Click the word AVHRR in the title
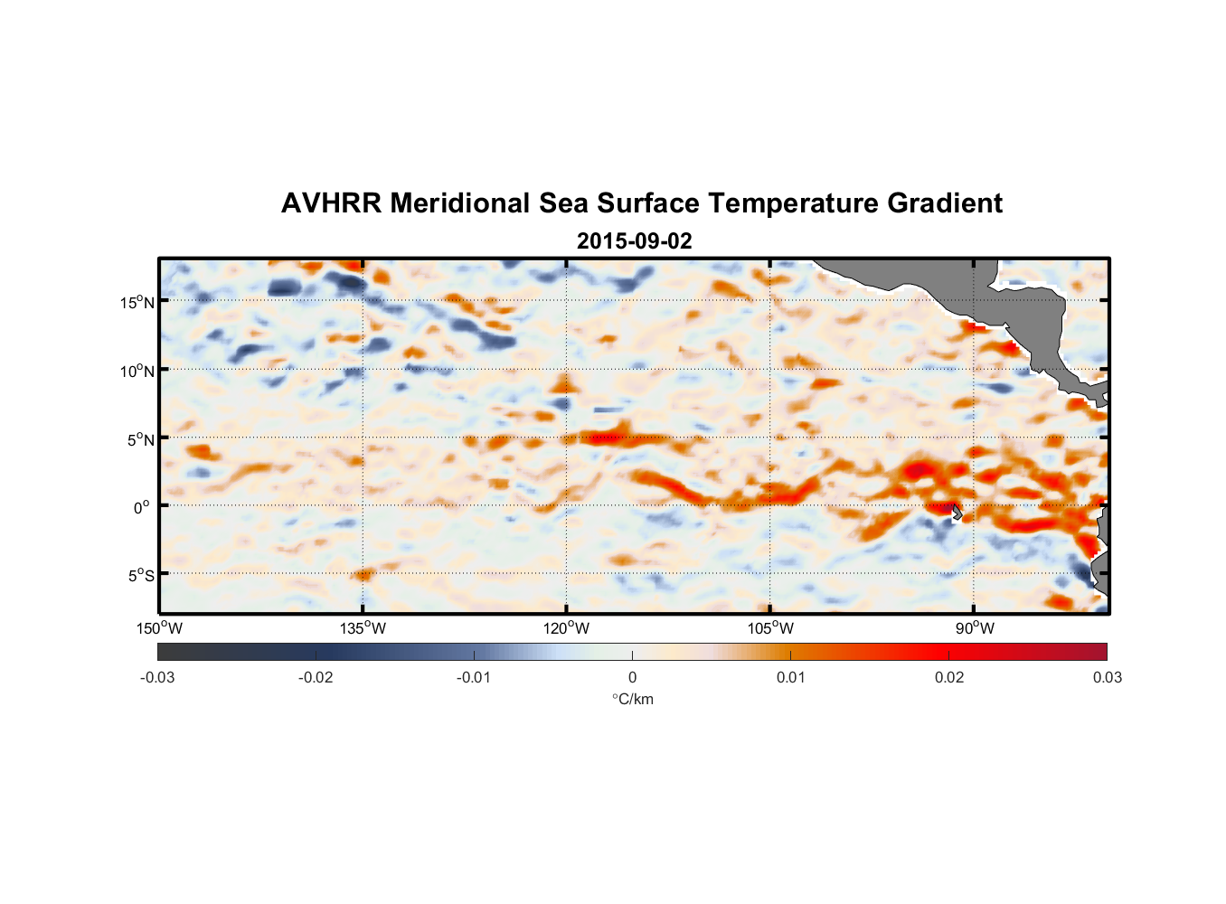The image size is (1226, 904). (331, 203)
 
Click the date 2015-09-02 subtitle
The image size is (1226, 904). (634, 241)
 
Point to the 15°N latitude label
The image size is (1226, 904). (137, 302)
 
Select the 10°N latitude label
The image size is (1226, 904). (137, 371)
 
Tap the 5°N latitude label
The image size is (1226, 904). (140, 439)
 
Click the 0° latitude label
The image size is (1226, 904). (142, 507)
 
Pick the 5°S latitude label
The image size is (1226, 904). (140, 576)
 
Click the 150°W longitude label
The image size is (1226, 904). (160, 628)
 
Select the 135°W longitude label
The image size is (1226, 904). (363, 628)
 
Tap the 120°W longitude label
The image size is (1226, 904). (567, 628)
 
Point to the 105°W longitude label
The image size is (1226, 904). (770, 628)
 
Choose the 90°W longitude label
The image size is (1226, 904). (975, 628)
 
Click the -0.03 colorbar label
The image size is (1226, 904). (157, 677)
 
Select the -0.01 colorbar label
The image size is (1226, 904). (474, 677)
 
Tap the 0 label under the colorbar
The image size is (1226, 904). (632, 677)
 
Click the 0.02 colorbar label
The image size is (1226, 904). (949, 677)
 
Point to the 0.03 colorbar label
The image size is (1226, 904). (1107, 677)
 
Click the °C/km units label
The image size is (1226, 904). (633, 699)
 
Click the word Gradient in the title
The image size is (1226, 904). (945, 203)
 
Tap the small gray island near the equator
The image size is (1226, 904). (956, 513)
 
